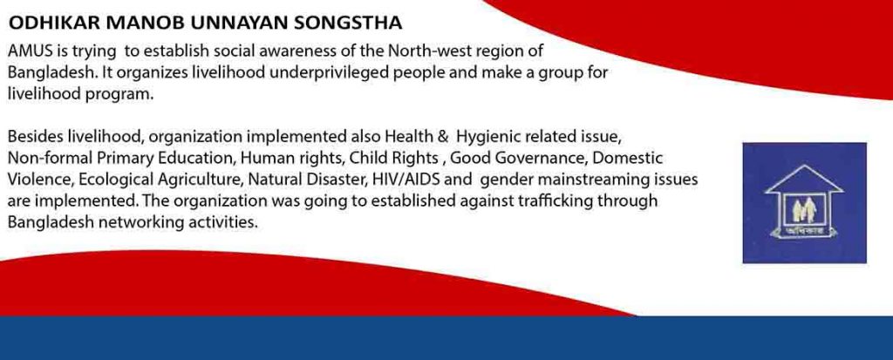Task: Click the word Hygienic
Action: coord(488,137)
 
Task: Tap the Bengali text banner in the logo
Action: coord(804,231)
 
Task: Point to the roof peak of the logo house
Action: coord(804,166)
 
